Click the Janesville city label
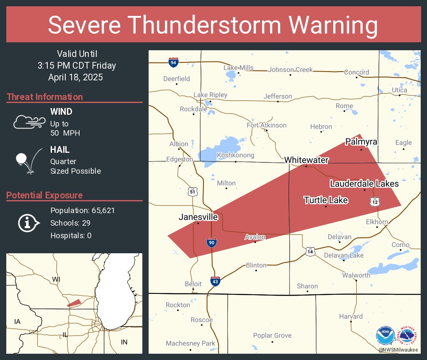pos(198,217)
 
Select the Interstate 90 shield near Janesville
pos(212,242)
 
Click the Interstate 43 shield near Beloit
pos(215,281)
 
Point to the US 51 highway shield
pos(192,192)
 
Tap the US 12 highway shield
pos(374,202)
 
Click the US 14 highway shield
pos(310,251)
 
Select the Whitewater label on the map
pos(306,160)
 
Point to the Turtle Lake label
pos(326,200)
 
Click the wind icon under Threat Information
pos(28,122)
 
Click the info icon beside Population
pos(28,223)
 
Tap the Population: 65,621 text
pos(82,210)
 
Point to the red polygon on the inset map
pos(74,303)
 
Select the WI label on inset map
pos(56,279)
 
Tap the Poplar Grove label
pos(272,335)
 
